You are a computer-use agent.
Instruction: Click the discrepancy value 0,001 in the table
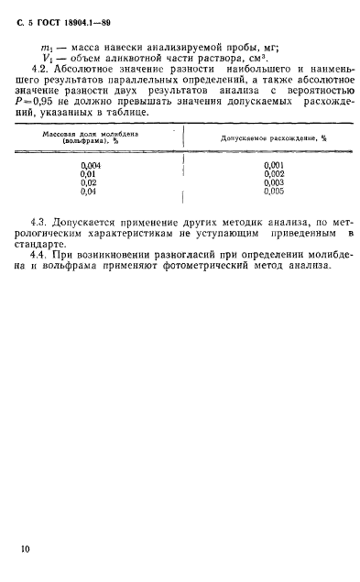[x=274, y=165]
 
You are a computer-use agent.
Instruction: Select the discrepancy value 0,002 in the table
[x=274, y=173]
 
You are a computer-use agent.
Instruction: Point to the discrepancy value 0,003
[x=274, y=182]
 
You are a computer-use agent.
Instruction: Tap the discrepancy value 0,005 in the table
[x=274, y=192]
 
